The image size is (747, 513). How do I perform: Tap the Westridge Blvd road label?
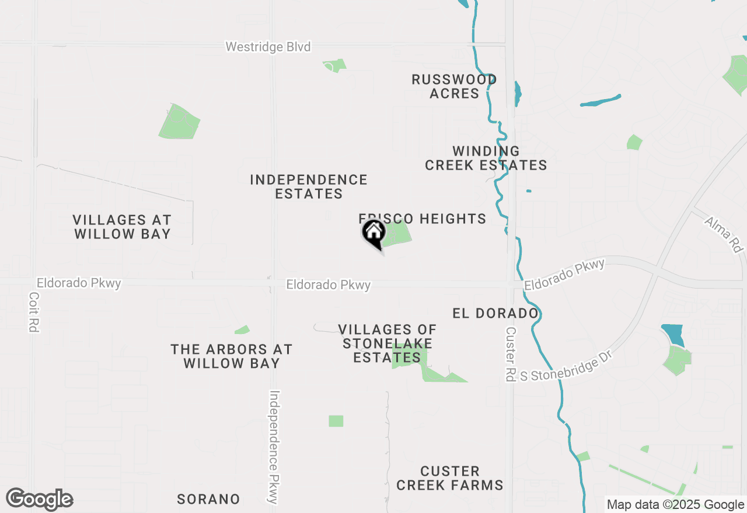tap(268, 47)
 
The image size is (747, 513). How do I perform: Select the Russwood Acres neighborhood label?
tap(454, 86)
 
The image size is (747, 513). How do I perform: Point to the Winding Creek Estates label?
tap(486, 159)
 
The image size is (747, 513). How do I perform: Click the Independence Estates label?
tap(309, 187)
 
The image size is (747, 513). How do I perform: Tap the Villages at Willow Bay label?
tap(122, 227)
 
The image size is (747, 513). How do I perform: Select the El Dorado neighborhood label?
tap(495, 314)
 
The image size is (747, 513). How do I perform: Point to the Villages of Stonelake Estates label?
tap(388, 343)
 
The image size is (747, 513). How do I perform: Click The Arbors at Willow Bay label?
tap(232, 356)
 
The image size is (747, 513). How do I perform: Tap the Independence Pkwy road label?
tap(274, 447)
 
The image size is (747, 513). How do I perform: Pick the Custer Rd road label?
tap(510, 354)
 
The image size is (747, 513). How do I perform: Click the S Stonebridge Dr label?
tap(564, 370)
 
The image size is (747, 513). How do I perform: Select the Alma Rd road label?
tap(724, 234)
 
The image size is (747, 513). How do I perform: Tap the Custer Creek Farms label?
tap(449, 478)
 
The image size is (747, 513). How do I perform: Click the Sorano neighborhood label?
tap(208, 499)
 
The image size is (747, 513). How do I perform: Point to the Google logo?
tap(39, 500)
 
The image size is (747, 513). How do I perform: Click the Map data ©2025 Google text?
tap(675, 505)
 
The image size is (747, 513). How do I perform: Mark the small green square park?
tap(336, 421)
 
